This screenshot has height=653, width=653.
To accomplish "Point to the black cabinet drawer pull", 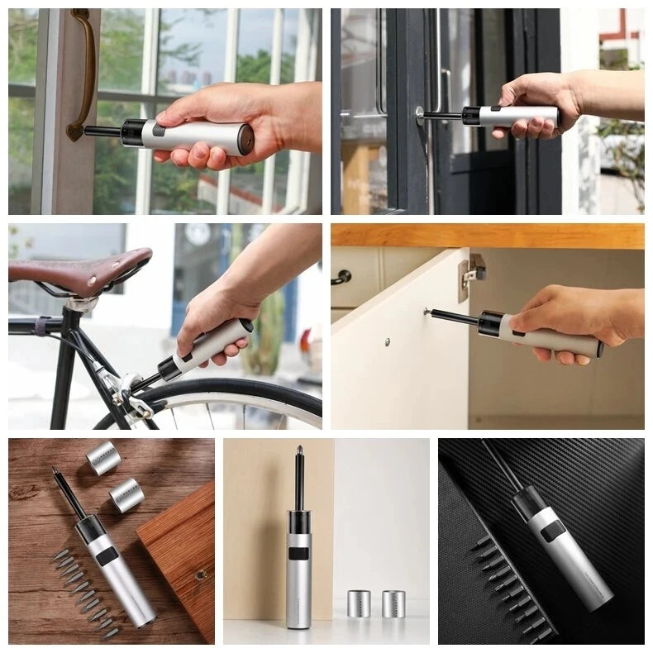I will coord(341,277).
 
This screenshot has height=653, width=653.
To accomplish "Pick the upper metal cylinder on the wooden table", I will coord(103,457).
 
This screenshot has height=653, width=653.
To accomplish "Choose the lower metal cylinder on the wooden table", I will coord(126,493).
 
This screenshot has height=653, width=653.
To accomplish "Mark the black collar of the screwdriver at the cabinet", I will coord(492,323).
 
